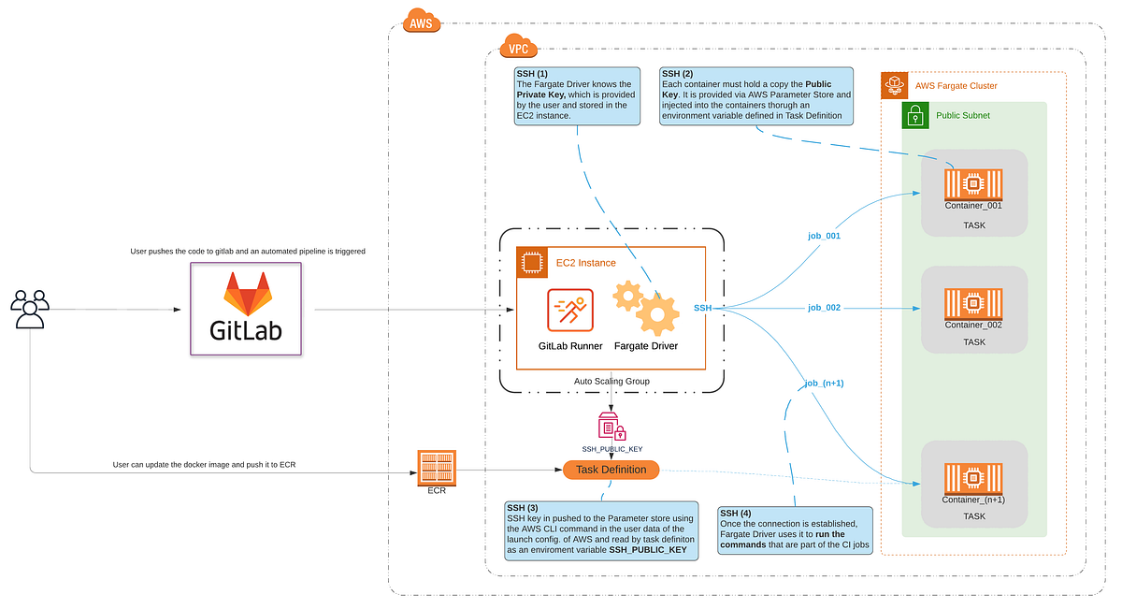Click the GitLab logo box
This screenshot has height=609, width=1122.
246,309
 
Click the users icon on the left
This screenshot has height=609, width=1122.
30,309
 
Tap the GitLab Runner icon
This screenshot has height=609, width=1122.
569,311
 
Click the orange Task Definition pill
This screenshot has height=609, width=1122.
611,470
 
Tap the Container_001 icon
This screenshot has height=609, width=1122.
973,184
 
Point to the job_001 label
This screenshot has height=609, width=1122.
824,236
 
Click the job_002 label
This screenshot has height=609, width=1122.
824,307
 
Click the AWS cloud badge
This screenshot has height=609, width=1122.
421,21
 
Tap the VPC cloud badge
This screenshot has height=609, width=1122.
517,46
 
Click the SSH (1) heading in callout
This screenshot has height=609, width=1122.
535,73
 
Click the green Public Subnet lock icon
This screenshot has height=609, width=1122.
915,116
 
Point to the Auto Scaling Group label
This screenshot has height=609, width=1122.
611,382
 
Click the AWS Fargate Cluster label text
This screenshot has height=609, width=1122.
956,86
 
